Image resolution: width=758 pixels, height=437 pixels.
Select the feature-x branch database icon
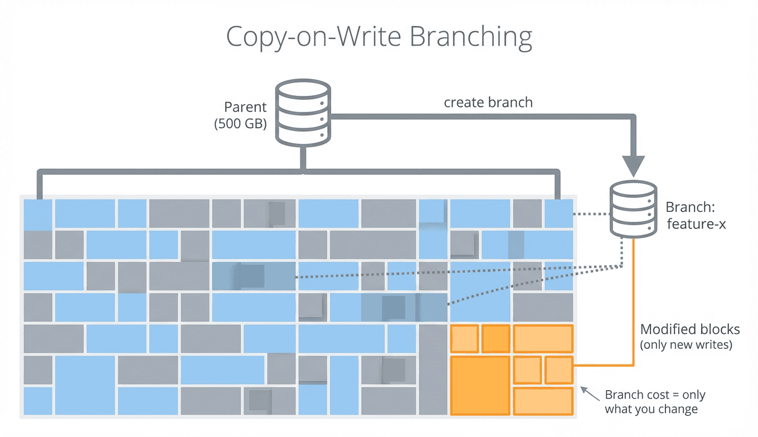pyautogui.click(x=634, y=209)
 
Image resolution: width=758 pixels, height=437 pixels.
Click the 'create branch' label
pyautogui.click(x=488, y=103)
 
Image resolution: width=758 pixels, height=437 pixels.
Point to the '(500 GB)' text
pyautogui.click(x=240, y=123)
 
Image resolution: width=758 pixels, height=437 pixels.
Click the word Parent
pyautogui.click(x=245, y=107)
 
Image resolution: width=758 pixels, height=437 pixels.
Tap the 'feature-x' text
pyautogui.click(x=696, y=225)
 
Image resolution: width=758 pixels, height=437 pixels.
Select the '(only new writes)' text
pyautogui.click(x=686, y=344)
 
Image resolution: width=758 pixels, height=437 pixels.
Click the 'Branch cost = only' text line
pyautogui.click(x=655, y=395)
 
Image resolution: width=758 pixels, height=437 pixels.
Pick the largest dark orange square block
pyautogui.click(x=480, y=385)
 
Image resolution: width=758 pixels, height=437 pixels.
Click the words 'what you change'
pyautogui.click(x=651, y=410)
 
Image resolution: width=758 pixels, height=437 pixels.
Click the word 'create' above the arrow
pyautogui.click(x=462, y=103)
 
